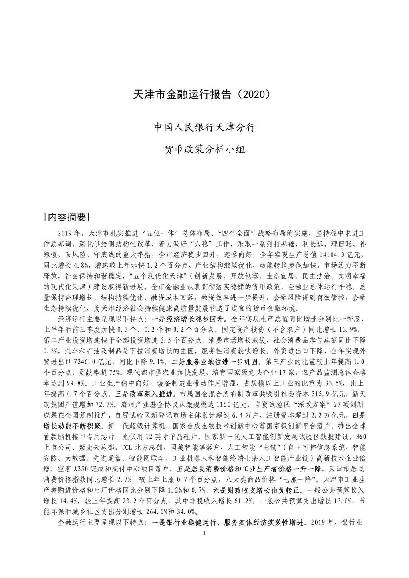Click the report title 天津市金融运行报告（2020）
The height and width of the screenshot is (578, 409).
(x=204, y=95)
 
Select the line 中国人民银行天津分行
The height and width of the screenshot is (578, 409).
(x=204, y=128)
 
